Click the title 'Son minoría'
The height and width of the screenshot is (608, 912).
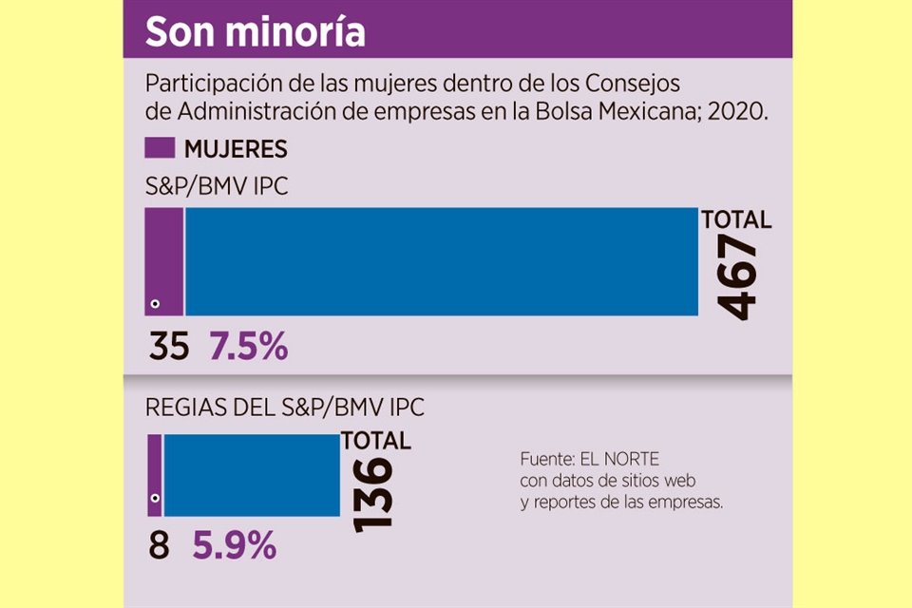point(255,31)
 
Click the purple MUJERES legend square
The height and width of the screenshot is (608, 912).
point(159,148)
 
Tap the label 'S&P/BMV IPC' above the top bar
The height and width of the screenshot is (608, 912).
point(217,187)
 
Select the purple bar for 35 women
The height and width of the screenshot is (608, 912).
point(163,261)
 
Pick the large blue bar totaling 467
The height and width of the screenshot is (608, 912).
point(441,261)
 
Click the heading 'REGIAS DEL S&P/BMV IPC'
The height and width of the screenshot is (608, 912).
point(284,408)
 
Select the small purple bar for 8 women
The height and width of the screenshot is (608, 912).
point(154,475)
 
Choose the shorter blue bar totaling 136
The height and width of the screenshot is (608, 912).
point(252,475)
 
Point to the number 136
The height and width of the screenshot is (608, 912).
point(371,494)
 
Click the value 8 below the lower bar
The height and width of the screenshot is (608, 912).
point(160,547)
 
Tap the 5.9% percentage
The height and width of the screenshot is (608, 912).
point(235,547)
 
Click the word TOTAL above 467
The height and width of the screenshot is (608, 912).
point(736,220)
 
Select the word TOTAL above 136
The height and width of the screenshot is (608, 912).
point(376,441)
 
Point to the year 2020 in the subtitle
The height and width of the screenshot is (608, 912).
point(743,110)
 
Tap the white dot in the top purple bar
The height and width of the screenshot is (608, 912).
point(155,305)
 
